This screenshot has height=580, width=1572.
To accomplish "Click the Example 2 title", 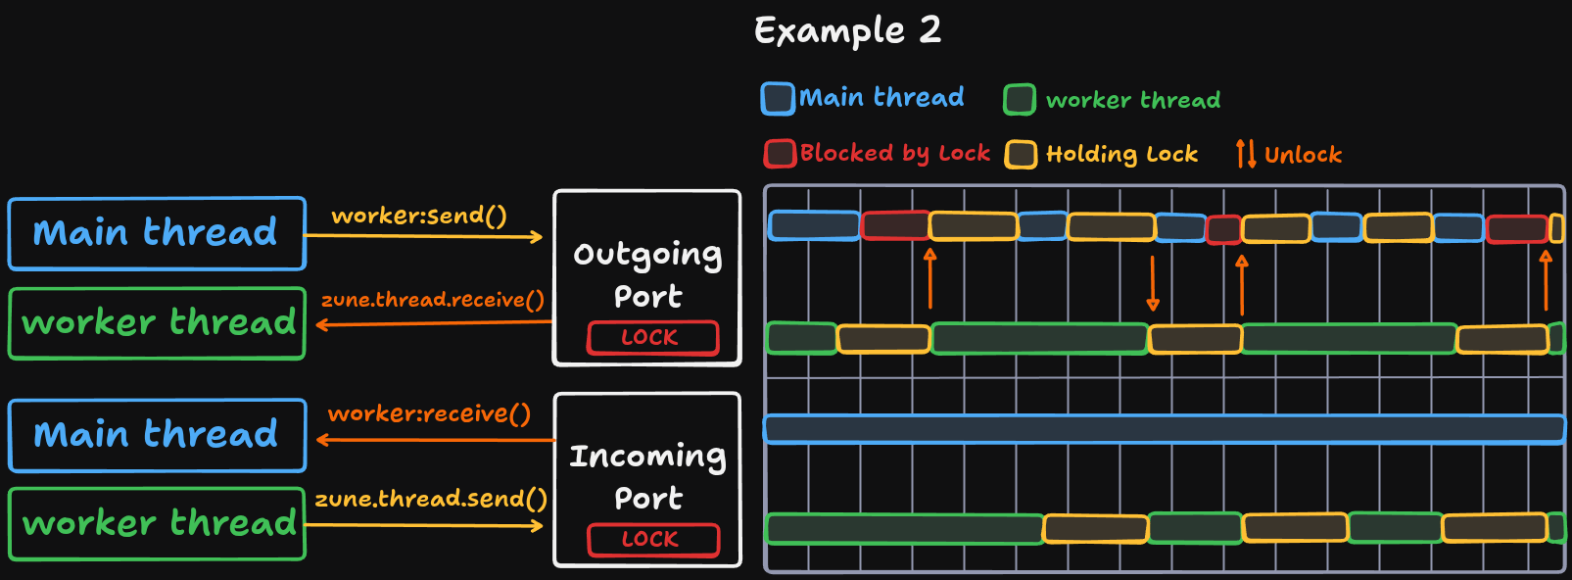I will pyautogui.click(x=847, y=30).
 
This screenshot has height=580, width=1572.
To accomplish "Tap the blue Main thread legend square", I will pyautogui.click(x=778, y=99).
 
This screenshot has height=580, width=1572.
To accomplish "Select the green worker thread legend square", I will pyautogui.click(x=1020, y=100).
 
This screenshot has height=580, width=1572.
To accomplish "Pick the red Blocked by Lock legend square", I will pyautogui.click(x=780, y=154).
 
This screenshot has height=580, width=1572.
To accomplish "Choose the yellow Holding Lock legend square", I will pyautogui.click(x=1021, y=155).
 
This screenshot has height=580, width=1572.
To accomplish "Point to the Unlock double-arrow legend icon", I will pyautogui.click(x=1246, y=154).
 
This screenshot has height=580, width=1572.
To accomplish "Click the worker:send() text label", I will pyautogui.click(x=419, y=216).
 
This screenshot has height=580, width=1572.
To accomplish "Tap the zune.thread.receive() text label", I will pyautogui.click(x=432, y=300).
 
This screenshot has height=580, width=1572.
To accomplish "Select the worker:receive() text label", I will pyautogui.click(x=429, y=413).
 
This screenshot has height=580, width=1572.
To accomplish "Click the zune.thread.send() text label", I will pyautogui.click(x=430, y=499).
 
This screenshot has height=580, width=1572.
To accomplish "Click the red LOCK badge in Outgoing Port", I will pyautogui.click(x=652, y=338).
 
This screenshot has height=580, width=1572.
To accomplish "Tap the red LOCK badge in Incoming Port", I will pyautogui.click(x=652, y=540).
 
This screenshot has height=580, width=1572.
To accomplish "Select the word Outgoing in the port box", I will pyautogui.click(x=647, y=255).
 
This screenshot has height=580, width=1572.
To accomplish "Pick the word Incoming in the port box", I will pyautogui.click(x=647, y=457).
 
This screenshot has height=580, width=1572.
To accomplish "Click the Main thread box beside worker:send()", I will pyautogui.click(x=157, y=233).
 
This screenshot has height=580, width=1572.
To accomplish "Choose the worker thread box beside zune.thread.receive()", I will pyautogui.click(x=157, y=323).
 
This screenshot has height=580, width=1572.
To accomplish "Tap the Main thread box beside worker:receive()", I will pyautogui.click(x=157, y=435).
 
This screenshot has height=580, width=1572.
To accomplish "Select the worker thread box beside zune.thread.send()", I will pyautogui.click(x=157, y=524).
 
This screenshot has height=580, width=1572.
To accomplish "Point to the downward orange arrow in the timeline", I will pyautogui.click(x=1153, y=284).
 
